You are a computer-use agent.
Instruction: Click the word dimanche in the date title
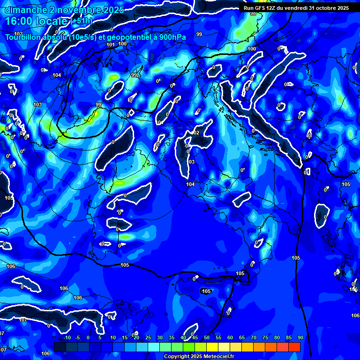point(24,10)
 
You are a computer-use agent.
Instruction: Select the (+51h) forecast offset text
point(81,21)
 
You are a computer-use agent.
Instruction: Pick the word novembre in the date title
point(74,10)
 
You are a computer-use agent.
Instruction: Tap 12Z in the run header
point(273,8)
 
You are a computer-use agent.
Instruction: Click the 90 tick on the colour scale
point(300,338)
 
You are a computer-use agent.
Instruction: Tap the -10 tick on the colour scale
point(67,338)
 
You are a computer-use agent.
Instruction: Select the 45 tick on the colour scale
point(195,338)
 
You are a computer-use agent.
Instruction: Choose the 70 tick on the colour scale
point(253,338)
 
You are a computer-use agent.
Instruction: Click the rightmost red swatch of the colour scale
point(294,347)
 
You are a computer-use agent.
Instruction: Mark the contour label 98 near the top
point(253,14)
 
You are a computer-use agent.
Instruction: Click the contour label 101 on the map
point(111,45)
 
